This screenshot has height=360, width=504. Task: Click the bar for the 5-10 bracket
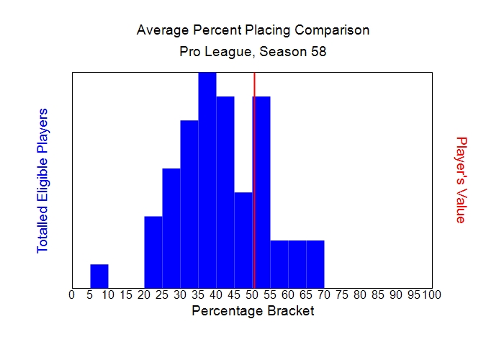click(x=99, y=276)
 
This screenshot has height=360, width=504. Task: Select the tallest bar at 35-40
click(x=207, y=180)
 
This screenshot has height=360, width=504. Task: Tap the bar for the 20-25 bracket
click(x=153, y=251)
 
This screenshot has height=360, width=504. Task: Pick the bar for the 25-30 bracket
click(x=171, y=228)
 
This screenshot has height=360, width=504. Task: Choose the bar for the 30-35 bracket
click(x=189, y=204)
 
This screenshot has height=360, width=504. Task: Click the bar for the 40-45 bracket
click(x=225, y=192)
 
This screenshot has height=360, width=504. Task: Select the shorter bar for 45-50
click(x=243, y=240)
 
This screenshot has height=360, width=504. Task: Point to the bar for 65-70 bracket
click(x=315, y=264)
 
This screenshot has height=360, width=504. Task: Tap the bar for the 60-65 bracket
click(x=297, y=264)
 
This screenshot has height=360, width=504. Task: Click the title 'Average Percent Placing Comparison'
click(x=253, y=30)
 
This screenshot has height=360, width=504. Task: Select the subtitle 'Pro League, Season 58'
click(x=253, y=53)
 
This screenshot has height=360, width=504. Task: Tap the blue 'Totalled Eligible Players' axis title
click(x=42, y=180)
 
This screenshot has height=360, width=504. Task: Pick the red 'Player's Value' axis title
click(x=462, y=180)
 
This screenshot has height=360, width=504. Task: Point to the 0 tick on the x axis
click(x=71, y=294)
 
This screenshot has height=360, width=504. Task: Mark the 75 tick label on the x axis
click(x=342, y=294)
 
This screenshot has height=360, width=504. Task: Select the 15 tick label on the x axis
click(x=126, y=294)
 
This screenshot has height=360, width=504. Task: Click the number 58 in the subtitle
click(x=319, y=53)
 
